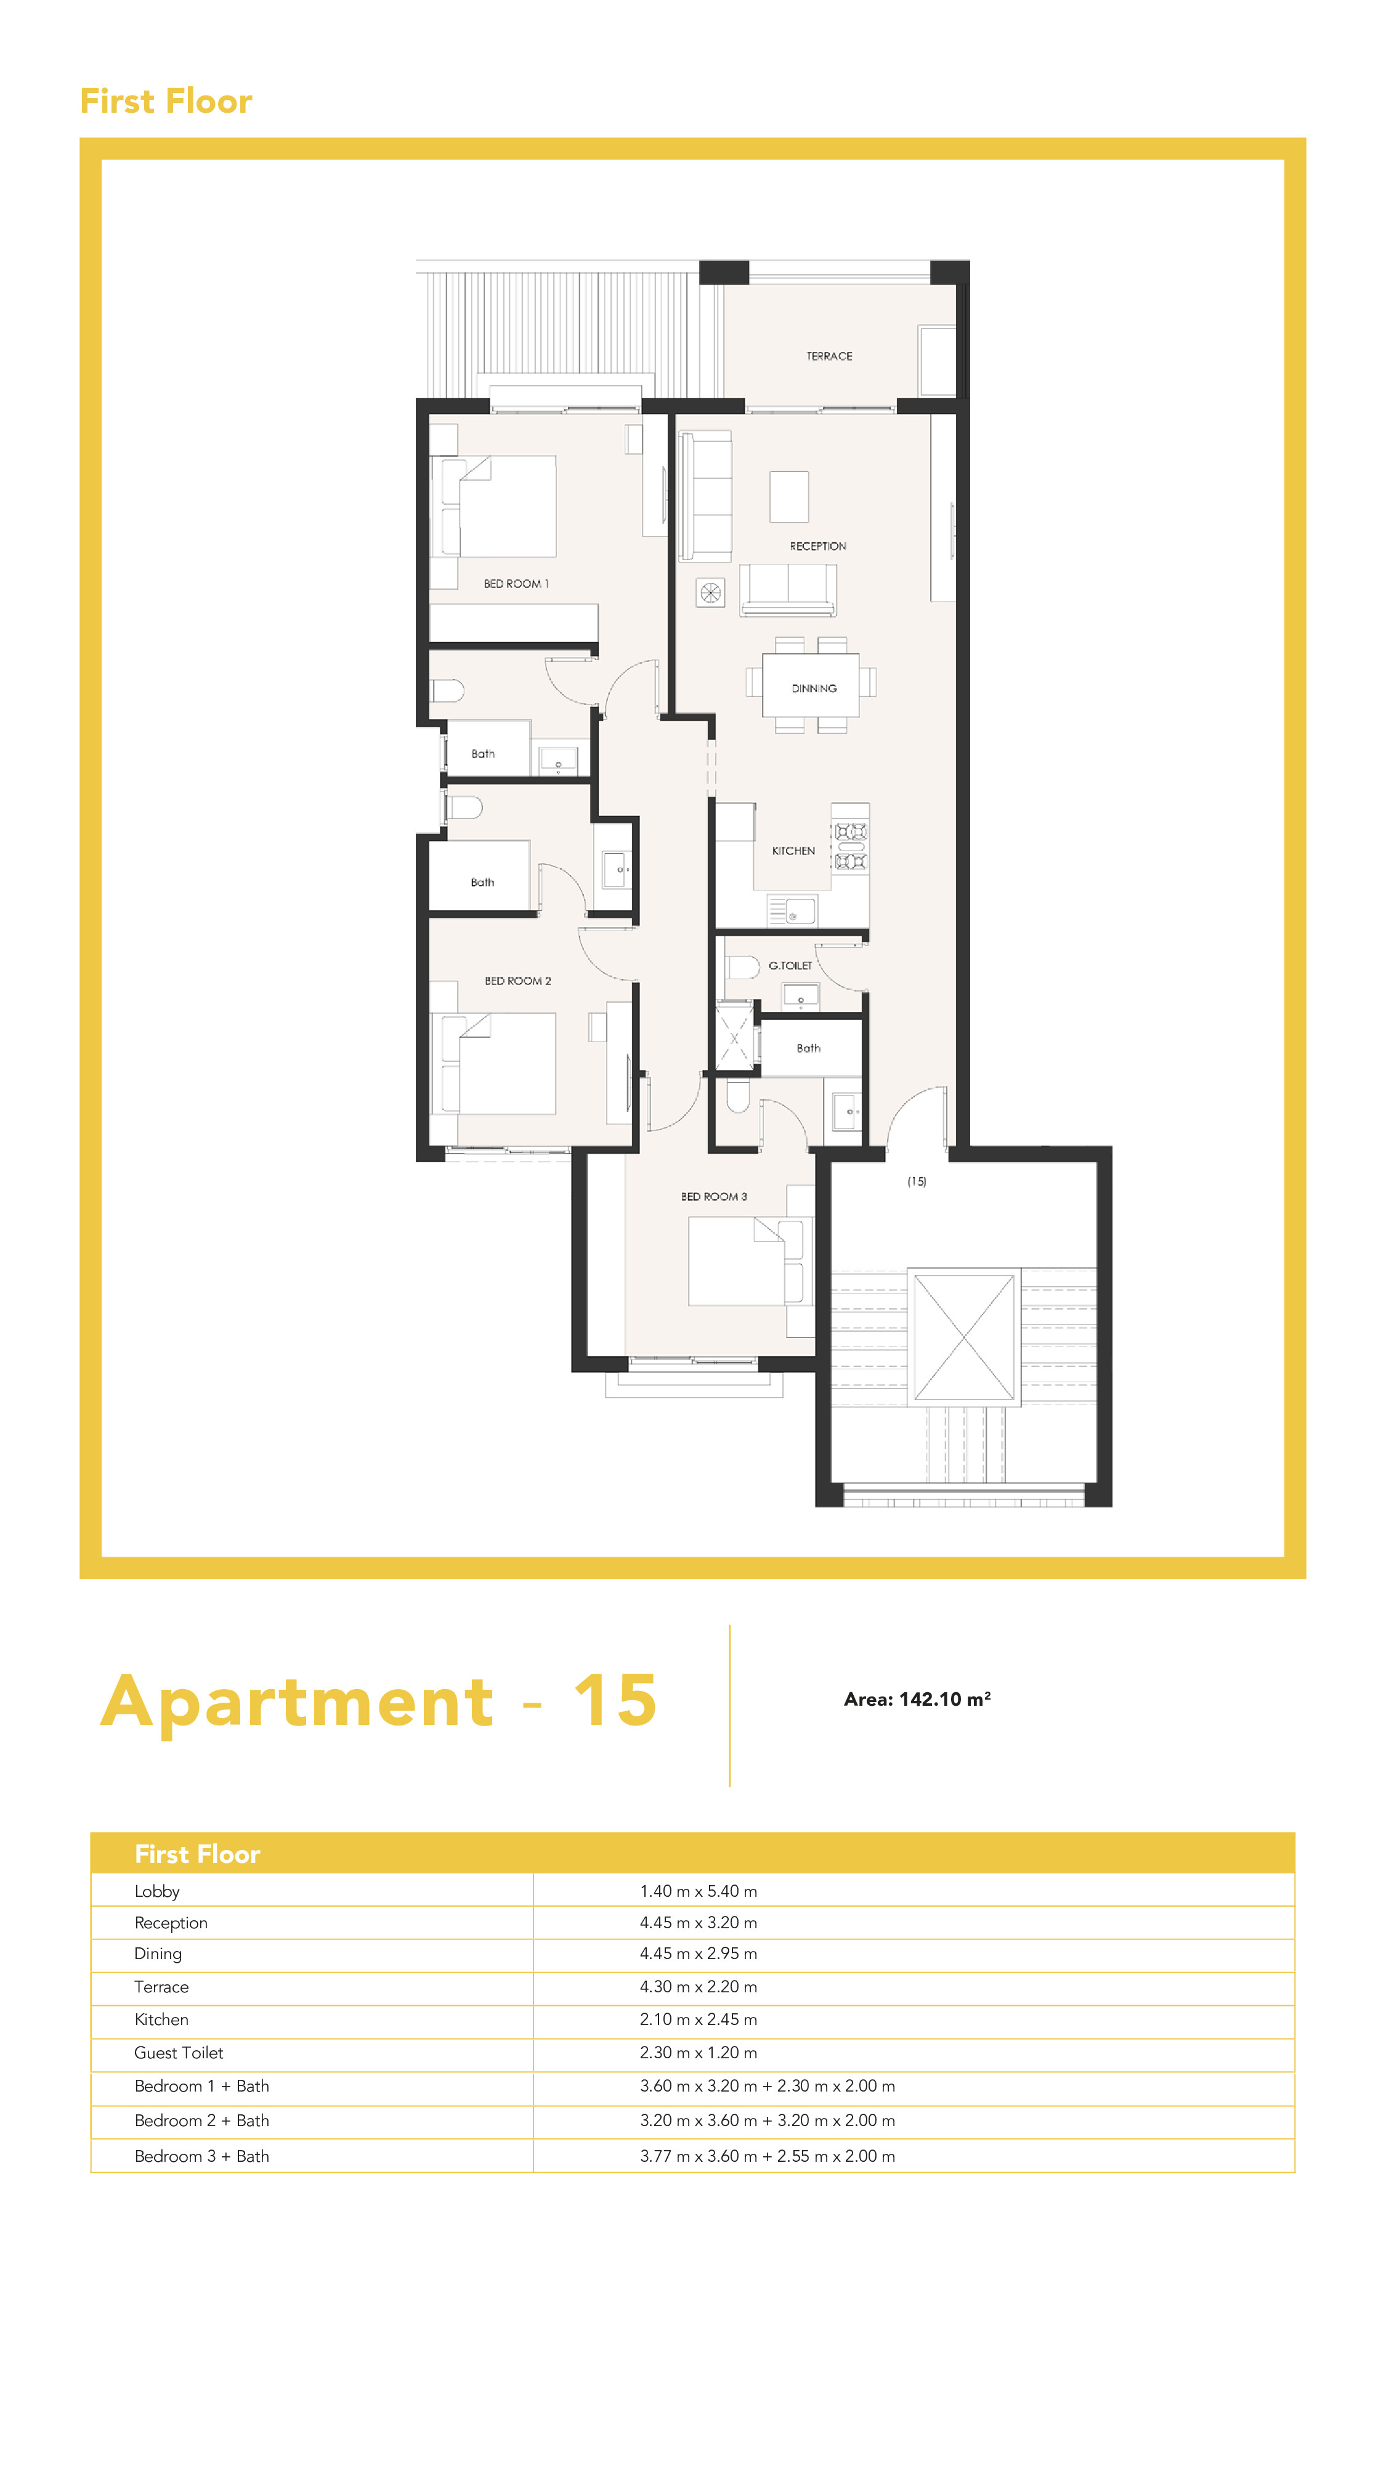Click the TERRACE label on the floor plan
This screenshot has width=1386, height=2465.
(829, 356)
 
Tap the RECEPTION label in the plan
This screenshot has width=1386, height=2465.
(818, 547)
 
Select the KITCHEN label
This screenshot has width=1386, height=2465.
(793, 850)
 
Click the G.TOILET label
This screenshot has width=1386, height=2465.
(790, 966)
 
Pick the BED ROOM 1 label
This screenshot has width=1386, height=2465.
(516, 584)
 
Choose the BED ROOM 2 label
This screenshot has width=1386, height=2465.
(517, 981)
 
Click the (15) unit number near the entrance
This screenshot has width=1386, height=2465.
(917, 1182)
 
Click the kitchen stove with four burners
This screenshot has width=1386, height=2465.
(850, 847)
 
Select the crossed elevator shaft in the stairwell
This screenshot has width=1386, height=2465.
(963, 1337)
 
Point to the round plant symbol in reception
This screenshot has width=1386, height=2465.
(710, 593)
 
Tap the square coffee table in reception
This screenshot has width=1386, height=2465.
(789, 497)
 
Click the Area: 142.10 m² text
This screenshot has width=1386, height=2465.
(917, 1700)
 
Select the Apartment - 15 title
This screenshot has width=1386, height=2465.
(379, 1701)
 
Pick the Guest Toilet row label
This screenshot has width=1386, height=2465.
(179, 2053)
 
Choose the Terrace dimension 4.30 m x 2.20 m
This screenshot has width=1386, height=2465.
(699, 1987)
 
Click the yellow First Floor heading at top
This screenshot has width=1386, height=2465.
(166, 100)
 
